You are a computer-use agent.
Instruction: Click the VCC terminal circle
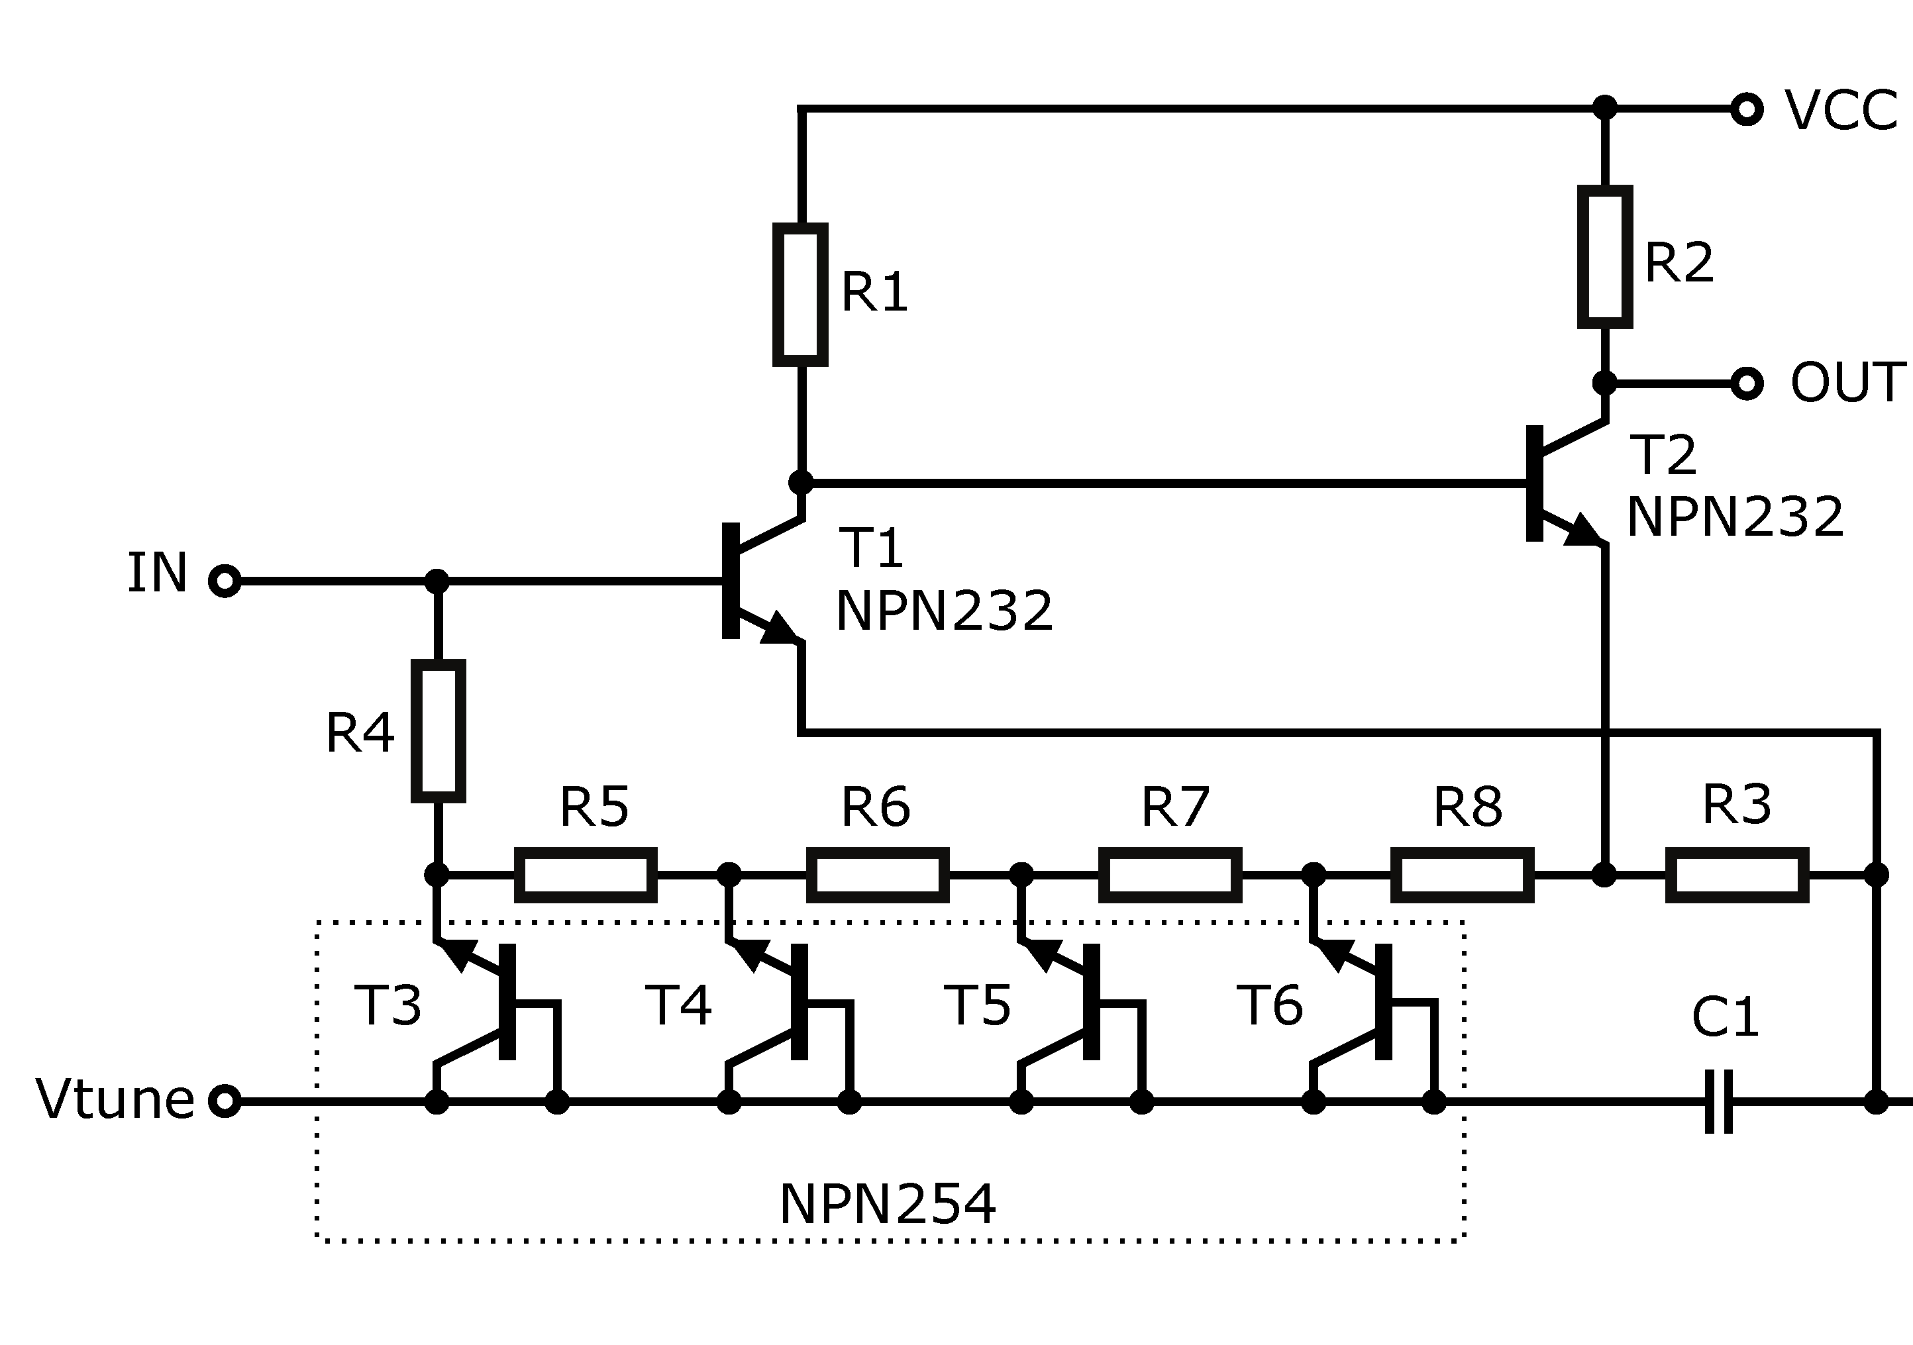tap(1746, 109)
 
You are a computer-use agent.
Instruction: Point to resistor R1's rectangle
tap(800, 294)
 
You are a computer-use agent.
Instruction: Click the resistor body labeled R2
tap(1605, 256)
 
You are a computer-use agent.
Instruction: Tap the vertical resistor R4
tap(439, 730)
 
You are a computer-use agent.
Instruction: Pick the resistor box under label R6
tap(878, 874)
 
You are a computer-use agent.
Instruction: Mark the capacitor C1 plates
tap(1719, 1101)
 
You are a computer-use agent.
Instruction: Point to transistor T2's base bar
tap(1534, 483)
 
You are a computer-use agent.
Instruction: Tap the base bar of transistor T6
tap(1383, 1001)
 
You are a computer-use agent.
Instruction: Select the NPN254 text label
tap(888, 1204)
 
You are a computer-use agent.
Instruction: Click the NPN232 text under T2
tap(1735, 517)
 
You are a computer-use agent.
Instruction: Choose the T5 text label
tap(977, 1005)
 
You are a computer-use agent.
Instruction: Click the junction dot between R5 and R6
tap(729, 874)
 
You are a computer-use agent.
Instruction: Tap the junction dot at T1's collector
tap(800, 482)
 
